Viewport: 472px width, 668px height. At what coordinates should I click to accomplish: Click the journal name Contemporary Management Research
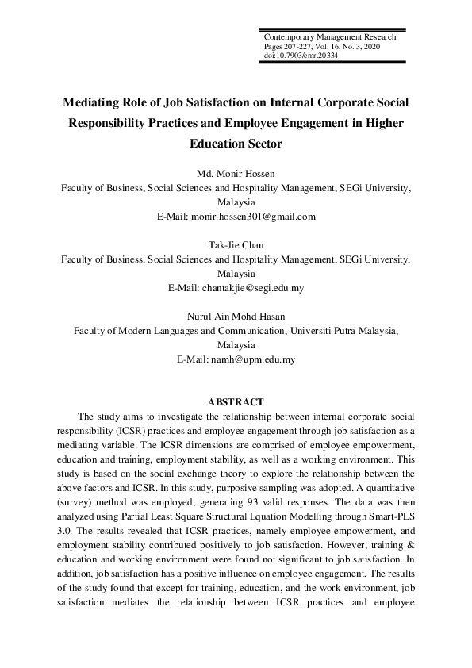pos(329,37)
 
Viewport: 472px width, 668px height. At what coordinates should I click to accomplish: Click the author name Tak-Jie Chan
pos(236,246)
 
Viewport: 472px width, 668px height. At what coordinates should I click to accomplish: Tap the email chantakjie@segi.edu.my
pos(254,287)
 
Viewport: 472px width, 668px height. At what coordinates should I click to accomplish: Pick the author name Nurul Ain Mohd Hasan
pos(236,317)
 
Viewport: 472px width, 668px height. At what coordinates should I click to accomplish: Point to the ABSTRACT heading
pos(236,402)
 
